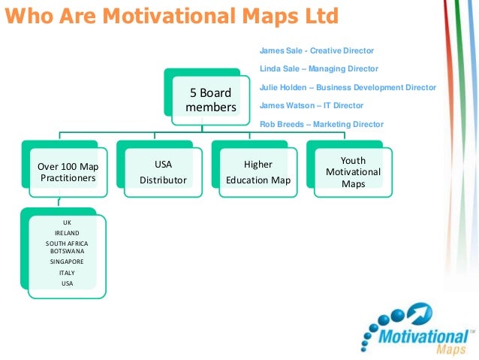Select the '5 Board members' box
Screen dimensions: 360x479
pos(210,101)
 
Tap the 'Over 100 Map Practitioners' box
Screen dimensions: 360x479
pos(68,172)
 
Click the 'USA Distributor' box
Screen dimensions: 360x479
pos(163,172)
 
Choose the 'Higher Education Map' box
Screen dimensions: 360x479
pos(258,172)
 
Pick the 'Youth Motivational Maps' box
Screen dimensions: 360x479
pos(353,172)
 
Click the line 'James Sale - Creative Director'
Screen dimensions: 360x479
pos(316,50)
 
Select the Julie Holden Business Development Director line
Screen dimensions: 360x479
pos(348,87)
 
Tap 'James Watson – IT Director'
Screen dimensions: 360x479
pos(311,106)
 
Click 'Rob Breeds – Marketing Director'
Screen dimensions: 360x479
pos(321,124)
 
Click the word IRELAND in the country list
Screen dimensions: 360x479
pos(67,233)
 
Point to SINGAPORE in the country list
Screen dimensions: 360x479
pos(67,262)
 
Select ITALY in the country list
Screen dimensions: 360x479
pos(67,273)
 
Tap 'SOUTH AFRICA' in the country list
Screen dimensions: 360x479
pos(67,243)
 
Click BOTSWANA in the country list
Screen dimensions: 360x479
pos(67,252)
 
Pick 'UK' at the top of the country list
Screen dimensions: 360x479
pos(67,223)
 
